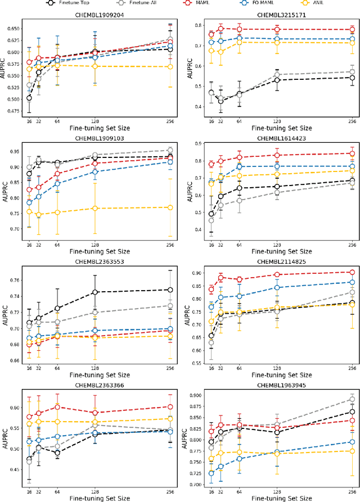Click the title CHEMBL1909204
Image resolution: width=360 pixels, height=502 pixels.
click(x=100, y=15)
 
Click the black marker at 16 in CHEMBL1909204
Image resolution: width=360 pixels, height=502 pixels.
click(x=29, y=98)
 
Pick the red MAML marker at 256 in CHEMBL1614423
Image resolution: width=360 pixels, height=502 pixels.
click(x=352, y=153)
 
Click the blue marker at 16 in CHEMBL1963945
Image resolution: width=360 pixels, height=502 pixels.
click(x=211, y=473)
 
